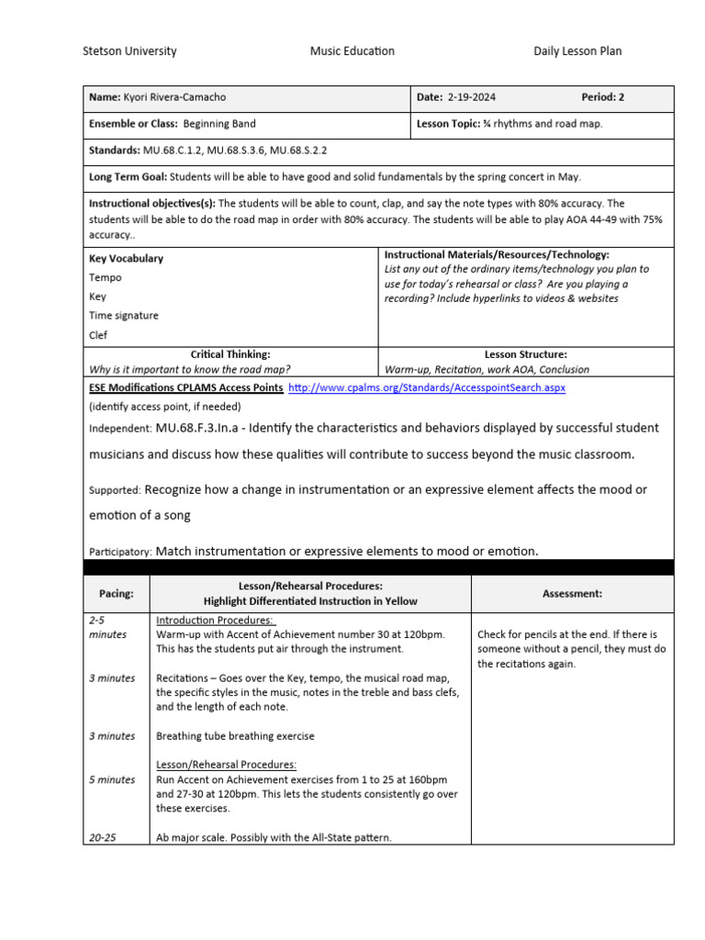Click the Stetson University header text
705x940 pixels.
point(129,51)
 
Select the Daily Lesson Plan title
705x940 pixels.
point(577,51)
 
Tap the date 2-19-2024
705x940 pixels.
point(472,98)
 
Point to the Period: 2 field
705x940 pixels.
point(602,98)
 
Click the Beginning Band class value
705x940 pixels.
point(219,124)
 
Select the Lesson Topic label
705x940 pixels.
point(453,124)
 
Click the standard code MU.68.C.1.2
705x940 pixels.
point(172,150)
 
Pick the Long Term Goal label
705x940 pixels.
point(128,177)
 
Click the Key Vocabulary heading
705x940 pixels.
point(126,259)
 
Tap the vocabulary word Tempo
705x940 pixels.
point(105,277)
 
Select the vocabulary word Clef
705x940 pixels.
point(98,335)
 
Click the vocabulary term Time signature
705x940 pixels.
point(123,316)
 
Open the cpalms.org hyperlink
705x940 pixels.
point(427,388)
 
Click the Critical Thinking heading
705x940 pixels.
point(229,354)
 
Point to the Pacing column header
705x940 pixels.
point(116,594)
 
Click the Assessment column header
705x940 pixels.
point(572,594)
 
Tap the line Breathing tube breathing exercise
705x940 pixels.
point(235,736)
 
